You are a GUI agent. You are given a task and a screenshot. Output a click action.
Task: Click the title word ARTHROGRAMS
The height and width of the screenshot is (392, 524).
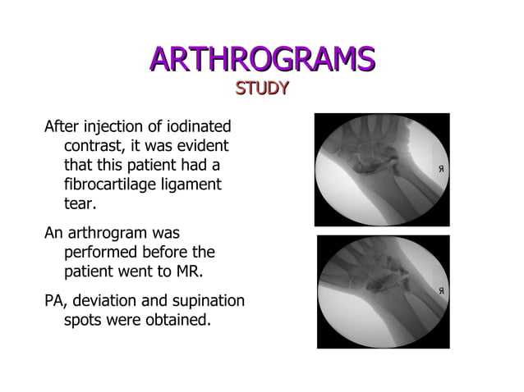262,59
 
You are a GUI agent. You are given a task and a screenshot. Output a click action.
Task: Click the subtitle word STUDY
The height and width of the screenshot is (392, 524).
262,88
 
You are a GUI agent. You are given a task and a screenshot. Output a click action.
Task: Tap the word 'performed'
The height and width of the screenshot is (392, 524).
102,252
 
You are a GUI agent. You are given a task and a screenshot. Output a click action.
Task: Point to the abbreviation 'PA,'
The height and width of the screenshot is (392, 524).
56,300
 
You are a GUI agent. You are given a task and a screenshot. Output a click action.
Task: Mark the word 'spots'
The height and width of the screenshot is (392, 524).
85,319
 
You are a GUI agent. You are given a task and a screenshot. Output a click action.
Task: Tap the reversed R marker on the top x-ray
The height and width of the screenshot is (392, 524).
441,170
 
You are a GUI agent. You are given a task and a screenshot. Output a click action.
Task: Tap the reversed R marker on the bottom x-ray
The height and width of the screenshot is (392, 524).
441,291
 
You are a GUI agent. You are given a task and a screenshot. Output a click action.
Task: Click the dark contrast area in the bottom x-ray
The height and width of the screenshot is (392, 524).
379,284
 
